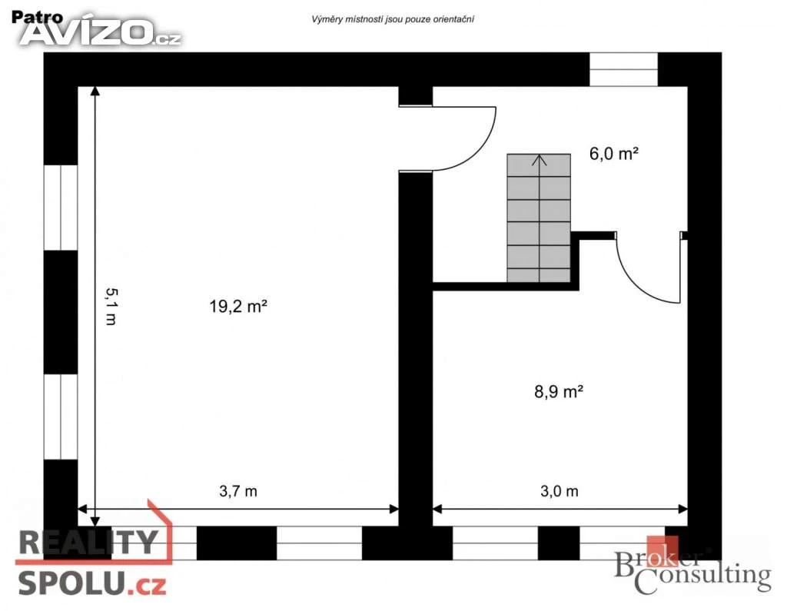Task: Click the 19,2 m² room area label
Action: tap(238, 306)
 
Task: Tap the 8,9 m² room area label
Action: tap(559, 391)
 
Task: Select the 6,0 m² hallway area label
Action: tap(614, 153)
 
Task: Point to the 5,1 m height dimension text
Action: tap(111, 306)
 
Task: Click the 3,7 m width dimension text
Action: tap(238, 491)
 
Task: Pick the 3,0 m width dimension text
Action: tap(560, 491)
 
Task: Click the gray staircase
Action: tap(539, 218)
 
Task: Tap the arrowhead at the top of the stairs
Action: tap(540, 160)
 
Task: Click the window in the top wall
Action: tap(623, 69)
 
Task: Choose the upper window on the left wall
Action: tap(61, 208)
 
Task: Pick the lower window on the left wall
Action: tap(61, 417)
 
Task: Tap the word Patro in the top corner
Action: tap(37, 17)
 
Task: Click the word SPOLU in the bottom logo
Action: tap(71, 584)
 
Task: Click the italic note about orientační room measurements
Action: tap(393, 19)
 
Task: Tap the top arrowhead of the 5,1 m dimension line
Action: tap(95, 91)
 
